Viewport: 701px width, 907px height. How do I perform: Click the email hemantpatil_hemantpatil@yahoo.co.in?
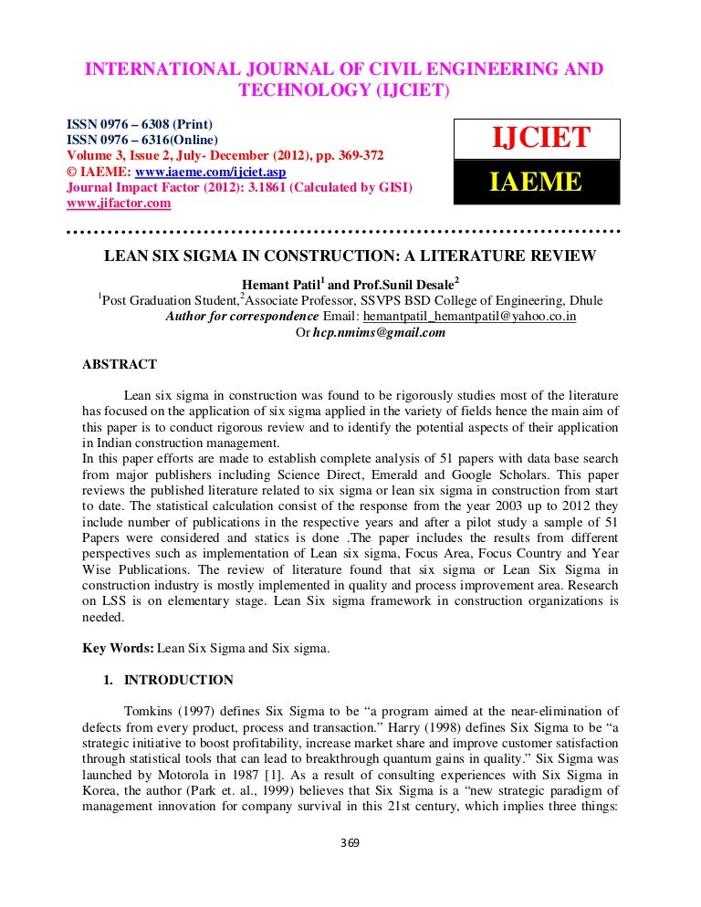coord(470,317)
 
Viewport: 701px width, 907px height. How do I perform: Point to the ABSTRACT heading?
coord(120,364)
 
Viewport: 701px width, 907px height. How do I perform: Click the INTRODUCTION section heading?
coord(179,680)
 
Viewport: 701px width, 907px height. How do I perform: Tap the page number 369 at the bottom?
coord(350,842)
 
